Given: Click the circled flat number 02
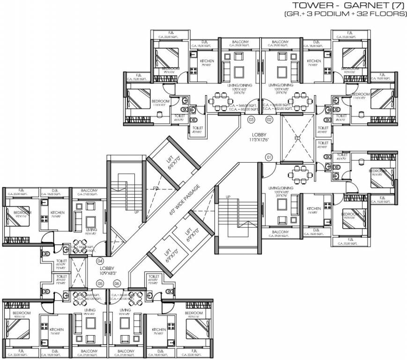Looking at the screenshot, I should [269, 120].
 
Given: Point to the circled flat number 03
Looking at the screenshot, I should [251, 120].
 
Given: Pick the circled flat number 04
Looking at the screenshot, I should [100, 261].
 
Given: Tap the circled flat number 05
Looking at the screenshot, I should [100, 283].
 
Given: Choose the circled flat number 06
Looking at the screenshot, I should [117, 283].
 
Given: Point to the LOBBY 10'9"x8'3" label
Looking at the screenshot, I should [107, 270].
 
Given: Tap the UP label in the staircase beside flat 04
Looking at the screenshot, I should [137, 212].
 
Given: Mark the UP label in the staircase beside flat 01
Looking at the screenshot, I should [228, 196].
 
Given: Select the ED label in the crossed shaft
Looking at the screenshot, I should [297, 139].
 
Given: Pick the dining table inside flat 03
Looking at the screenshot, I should [220, 100].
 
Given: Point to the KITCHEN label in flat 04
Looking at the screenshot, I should [57, 212].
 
